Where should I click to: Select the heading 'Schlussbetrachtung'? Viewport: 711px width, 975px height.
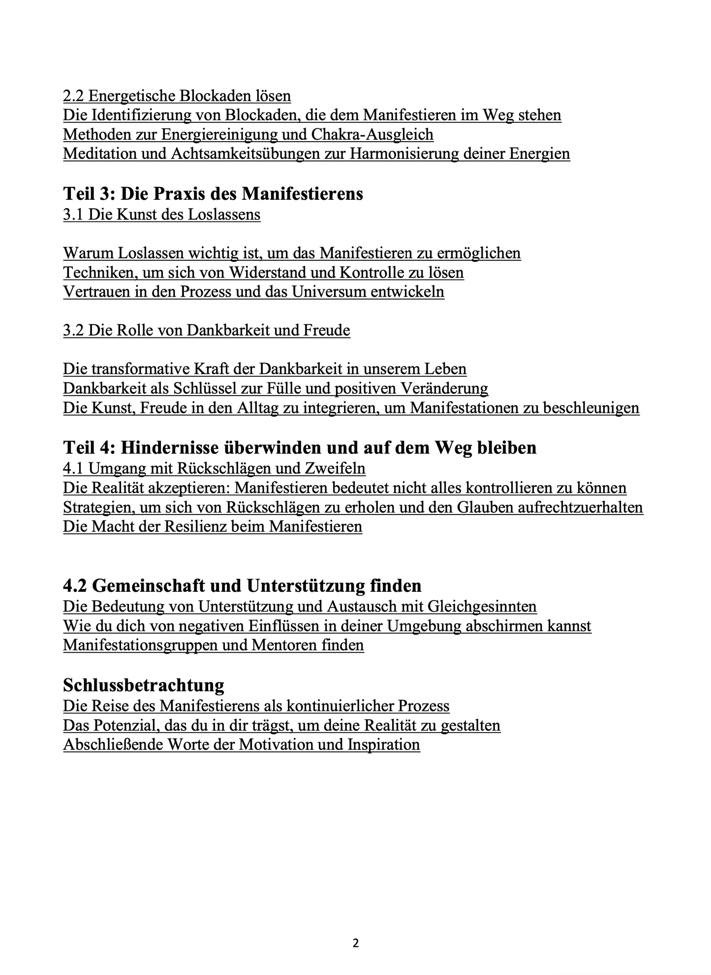pos(144,685)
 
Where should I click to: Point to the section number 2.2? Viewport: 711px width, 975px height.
pos(73,95)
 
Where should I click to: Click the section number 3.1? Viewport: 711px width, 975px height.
pos(73,214)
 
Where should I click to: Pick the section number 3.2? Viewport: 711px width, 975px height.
pos(73,330)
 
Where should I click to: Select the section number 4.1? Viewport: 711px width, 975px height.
pos(73,468)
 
